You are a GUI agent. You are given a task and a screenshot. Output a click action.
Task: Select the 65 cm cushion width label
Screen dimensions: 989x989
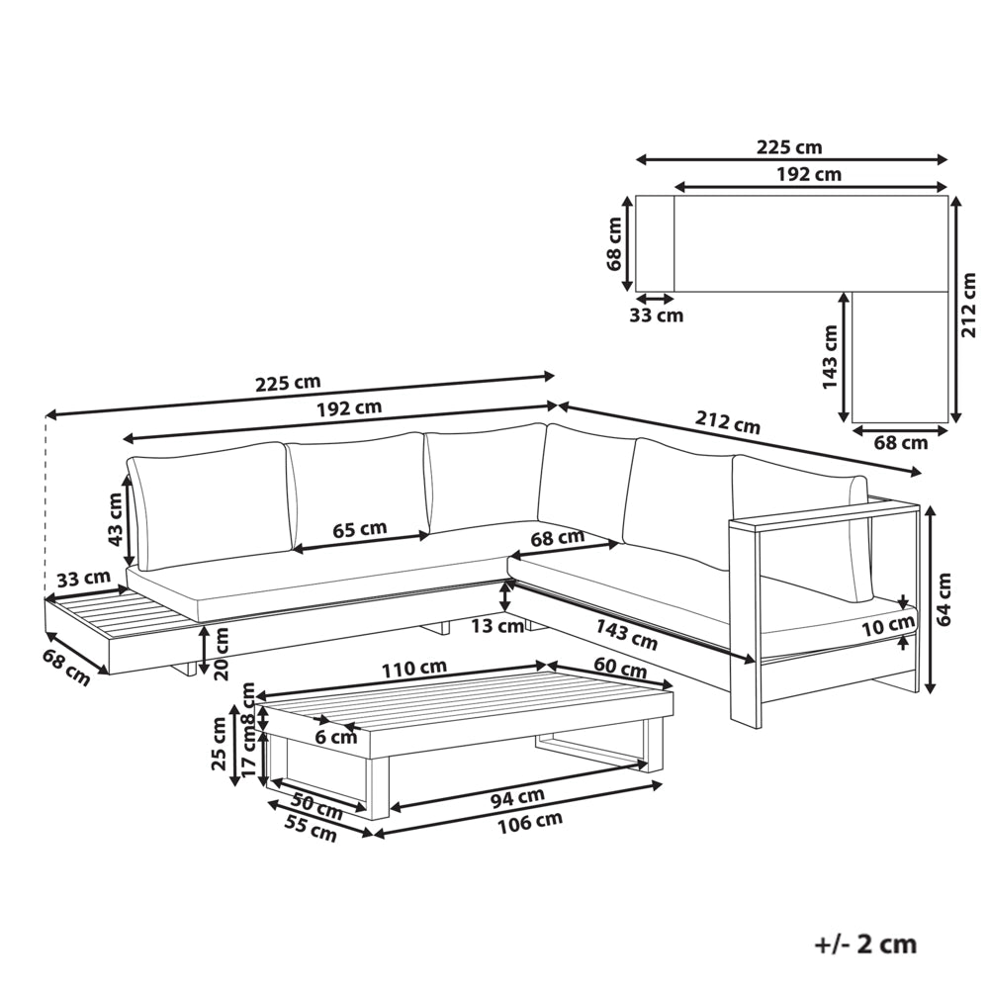360,528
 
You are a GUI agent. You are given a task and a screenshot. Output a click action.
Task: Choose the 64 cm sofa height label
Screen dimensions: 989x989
944,598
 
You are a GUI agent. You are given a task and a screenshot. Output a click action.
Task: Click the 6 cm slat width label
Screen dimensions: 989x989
335,736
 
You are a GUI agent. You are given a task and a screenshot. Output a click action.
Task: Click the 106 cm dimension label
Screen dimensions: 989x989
530,823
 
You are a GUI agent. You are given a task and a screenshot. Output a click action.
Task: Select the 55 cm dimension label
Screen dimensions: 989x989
312,828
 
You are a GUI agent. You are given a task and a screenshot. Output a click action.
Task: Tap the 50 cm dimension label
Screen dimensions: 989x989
317,805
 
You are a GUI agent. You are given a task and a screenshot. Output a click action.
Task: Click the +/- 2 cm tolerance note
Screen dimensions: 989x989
865,944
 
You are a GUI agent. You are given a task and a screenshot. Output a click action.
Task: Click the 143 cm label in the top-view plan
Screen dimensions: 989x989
830,357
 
